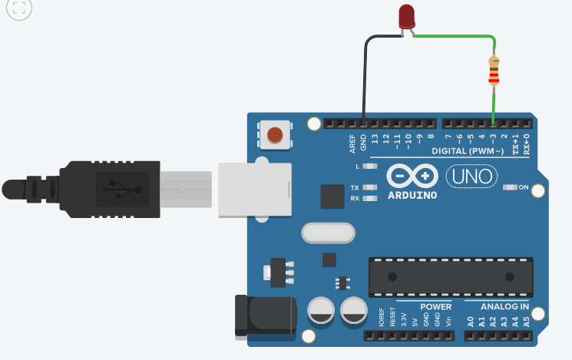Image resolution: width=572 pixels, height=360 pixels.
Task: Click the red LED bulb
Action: [407, 16]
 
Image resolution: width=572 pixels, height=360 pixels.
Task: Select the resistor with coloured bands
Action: [494, 71]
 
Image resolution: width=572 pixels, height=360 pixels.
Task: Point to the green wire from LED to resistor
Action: [456, 35]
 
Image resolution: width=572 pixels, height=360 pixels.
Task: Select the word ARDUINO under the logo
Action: [413, 195]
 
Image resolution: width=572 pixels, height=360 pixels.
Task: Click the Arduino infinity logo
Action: [412, 177]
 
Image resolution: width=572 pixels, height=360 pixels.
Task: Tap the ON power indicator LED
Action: [510, 187]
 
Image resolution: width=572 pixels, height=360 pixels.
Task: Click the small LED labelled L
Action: [371, 166]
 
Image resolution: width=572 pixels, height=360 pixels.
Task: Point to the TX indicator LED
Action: [371, 187]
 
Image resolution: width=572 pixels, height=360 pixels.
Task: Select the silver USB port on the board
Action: [253, 188]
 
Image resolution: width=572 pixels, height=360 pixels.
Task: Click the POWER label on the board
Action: [435, 306]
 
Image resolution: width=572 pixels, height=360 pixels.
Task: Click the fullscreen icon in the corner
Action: [19, 9]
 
